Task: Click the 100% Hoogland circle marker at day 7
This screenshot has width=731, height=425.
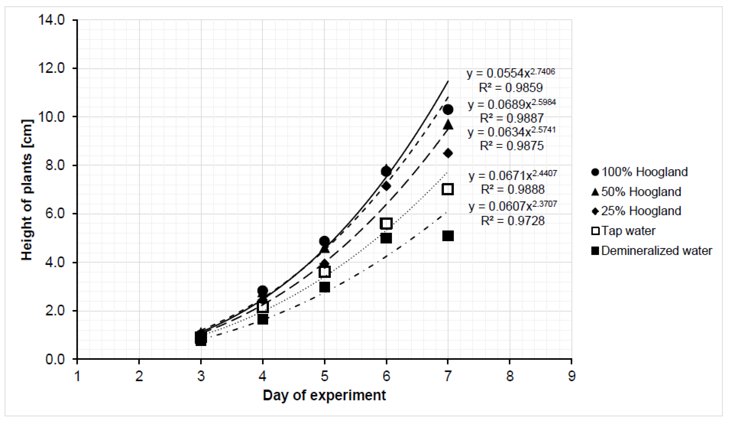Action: (448, 110)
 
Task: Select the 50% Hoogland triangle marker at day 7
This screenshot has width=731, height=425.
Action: (448, 125)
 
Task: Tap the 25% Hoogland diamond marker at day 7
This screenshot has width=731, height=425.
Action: (448, 153)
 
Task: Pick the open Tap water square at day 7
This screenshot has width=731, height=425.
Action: (448, 189)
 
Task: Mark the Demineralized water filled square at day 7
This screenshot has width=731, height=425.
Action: (448, 236)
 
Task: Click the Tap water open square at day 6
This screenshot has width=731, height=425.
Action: (386, 223)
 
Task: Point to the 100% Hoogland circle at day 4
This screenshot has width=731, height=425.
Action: (262, 290)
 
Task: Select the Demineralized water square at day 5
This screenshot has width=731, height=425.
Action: (324, 287)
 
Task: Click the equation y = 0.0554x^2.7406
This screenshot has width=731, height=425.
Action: (511, 73)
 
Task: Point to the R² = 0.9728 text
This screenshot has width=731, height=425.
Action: (513, 221)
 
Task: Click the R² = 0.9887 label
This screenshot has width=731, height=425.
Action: (512, 118)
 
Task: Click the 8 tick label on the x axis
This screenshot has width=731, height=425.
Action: (510, 376)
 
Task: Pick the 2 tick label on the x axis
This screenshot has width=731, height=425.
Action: (139, 376)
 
